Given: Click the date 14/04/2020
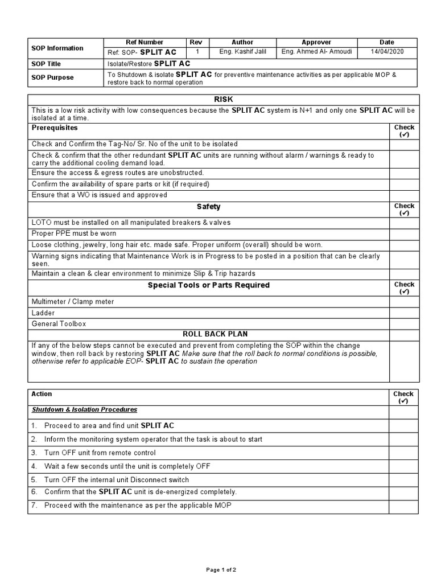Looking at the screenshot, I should coord(386,52).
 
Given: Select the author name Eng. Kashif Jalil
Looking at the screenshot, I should coord(242,52).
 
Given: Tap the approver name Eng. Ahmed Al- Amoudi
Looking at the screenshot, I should coord(316,52).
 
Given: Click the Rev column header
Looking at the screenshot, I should coord(196,42).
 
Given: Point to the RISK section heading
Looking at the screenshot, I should coord(223,100).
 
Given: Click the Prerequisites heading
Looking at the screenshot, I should coord(55,128).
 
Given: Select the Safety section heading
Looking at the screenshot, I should coord(208,207).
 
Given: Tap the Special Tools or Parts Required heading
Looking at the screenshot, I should coord(208,285).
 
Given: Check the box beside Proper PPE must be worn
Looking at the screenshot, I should coord(404,233).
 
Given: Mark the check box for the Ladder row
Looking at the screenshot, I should coord(404,313).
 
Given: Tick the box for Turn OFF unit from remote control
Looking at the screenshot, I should coord(403,453).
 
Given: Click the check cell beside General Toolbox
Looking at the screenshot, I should coord(404,323).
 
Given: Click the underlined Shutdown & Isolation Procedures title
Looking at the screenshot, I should coord(84,409).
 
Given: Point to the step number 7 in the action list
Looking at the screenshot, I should coord(34,505).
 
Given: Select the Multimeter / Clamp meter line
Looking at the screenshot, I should coord(73,302).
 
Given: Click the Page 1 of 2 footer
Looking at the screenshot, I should coord(221,569).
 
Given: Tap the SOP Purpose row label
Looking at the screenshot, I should coord(53,77).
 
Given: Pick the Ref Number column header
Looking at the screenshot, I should coord(144,42).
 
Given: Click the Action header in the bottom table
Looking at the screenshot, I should coord(42,394).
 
